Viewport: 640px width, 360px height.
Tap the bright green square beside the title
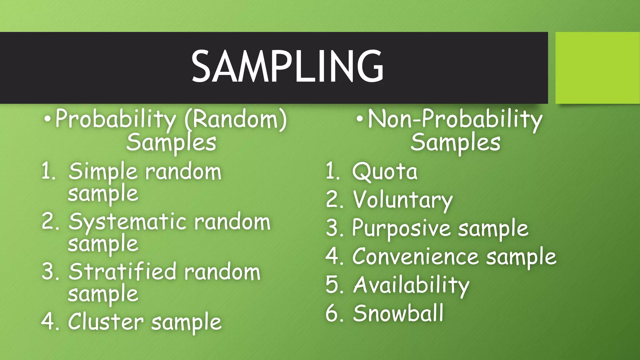(x=597, y=68)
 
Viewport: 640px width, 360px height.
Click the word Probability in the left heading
(x=116, y=120)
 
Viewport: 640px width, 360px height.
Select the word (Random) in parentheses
(x=236, y=120)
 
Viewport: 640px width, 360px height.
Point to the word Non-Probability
(x=455, y=120)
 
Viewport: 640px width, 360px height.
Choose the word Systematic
(x=127, y=222)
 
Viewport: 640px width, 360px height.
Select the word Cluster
(x=106, y=322)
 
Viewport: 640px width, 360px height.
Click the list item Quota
(x=385, y=172)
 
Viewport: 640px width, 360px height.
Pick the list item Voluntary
(x=403, y=200)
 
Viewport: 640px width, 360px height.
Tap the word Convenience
(x=415, y=257)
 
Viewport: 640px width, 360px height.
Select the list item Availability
(x=411, y=285)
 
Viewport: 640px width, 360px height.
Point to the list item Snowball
(x=398, y=313)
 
